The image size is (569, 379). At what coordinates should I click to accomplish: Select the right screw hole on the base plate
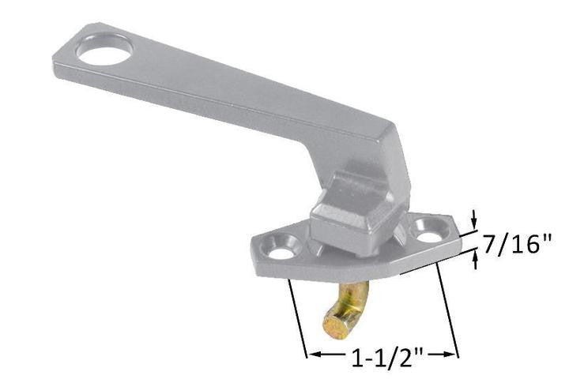click(x=428, y=235)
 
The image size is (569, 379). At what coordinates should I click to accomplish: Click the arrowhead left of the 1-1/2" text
click(x=314, y=355)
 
